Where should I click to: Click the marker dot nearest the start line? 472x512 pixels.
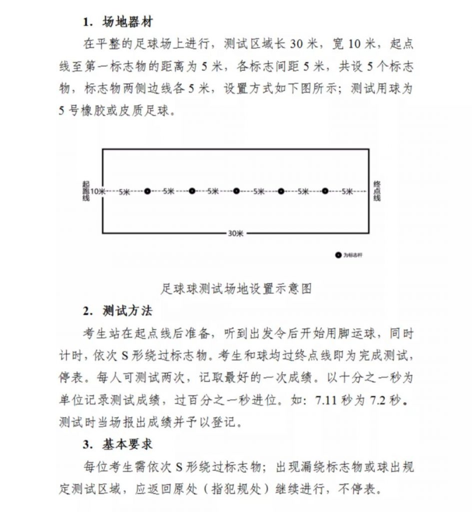(x=147, y=191)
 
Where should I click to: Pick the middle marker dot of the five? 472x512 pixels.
(x=236, y=191)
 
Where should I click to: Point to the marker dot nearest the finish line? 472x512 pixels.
(x=325, y=191)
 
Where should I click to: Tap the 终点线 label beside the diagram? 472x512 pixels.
(x=377, y=191)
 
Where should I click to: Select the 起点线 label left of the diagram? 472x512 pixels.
(x=85, y=191)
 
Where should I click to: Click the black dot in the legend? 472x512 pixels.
(x=338, y=255)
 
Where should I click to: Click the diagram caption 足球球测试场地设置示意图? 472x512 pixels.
(x=236, y=288)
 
